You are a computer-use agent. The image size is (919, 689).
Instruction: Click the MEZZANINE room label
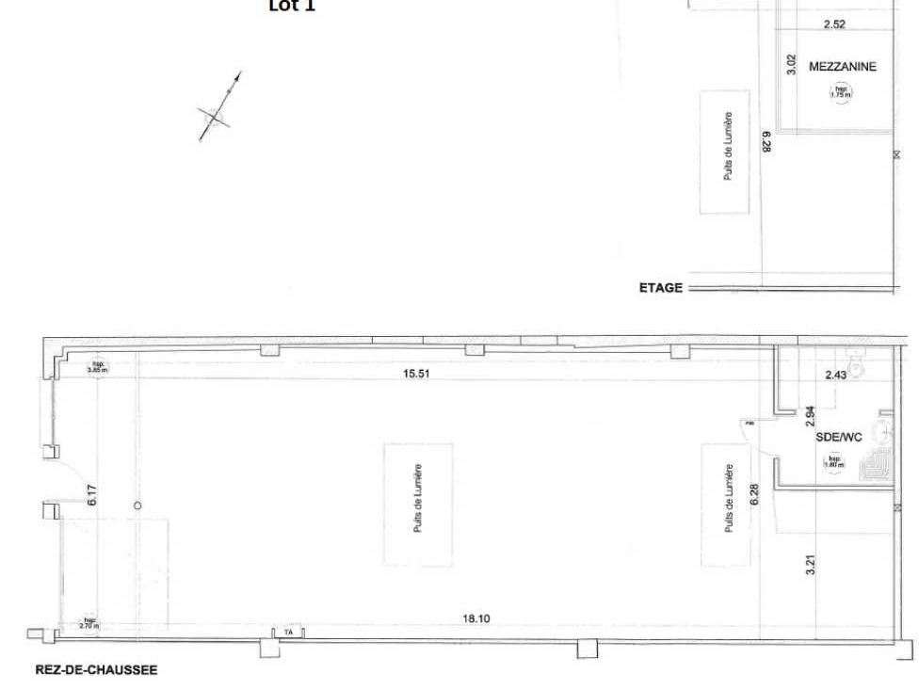[x=843, y=67]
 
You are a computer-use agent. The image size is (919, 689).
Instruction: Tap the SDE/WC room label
[x=839, y=437]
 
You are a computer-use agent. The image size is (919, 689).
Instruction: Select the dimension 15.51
[x=416, y=374]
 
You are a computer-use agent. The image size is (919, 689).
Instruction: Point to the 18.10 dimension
[x=475, y=618]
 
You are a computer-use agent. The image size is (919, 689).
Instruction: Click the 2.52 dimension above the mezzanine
[x=833, y=24]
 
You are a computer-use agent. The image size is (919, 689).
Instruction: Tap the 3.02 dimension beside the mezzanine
[x=792, y=64]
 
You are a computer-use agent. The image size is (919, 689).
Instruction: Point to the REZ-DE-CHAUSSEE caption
[x=96, y=670]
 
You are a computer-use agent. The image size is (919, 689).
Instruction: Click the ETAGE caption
[x=660, y=288]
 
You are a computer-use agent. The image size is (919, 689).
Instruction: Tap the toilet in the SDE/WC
[x=857, y=360]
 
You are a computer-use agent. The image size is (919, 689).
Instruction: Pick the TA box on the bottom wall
[x=288, y=633]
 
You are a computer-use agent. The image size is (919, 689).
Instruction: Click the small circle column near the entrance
[x=137, y=505]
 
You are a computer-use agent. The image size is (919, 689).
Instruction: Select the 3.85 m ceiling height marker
[x=96, y=367]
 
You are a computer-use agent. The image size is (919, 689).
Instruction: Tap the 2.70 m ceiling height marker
[x=90, y=621]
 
